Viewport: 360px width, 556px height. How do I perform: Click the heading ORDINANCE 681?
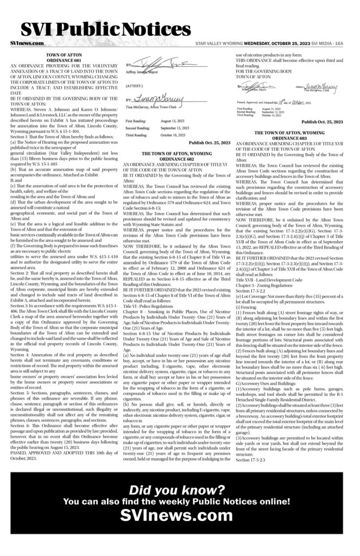click(x=64, y=60)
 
